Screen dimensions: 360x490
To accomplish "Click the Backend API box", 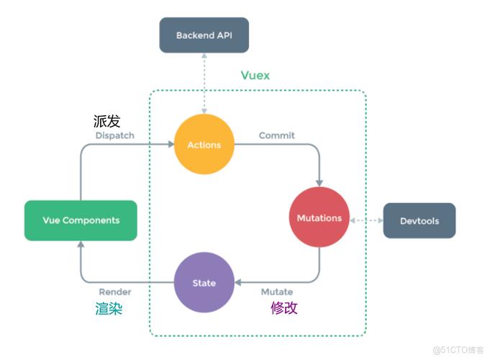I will point(204,35).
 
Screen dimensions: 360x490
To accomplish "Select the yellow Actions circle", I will point(204,145).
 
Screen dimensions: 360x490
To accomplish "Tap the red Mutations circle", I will point(319,217).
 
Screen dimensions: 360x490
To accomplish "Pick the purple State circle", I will point(204,283).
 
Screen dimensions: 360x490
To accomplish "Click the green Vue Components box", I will point(80,220).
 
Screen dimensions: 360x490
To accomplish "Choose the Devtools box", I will point(419,221).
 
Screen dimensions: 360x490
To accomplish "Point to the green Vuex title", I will point(255,76).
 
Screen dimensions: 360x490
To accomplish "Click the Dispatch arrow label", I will point(114,135).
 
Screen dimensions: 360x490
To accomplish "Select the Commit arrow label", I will point(276,135).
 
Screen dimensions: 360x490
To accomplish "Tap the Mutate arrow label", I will point(276,292).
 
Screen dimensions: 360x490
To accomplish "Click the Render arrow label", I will point(114,292).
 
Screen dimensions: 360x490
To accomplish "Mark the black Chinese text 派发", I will point(106,120).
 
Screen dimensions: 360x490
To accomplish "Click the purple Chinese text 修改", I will point(283,308).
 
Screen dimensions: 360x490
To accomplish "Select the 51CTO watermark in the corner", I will point(458,349).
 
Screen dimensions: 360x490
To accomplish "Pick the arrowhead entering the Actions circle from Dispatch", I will point(171,145).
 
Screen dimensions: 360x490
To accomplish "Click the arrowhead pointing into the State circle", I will point(239,283).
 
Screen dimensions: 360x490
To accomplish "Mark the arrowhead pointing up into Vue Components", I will point(80,244).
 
